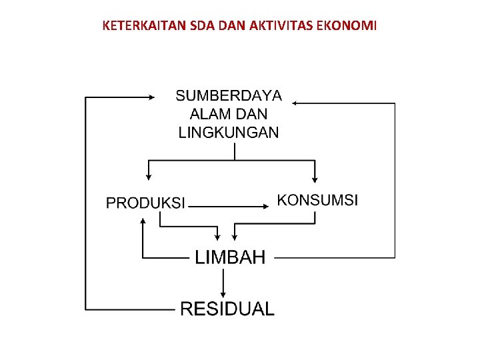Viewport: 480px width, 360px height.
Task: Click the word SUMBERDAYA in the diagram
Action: (x=229, y=96)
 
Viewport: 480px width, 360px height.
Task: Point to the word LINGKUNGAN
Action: (x=229, y=132)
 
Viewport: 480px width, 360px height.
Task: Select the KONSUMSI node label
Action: (x=317, y=199)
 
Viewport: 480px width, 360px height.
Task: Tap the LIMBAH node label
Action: (x=230, y=257)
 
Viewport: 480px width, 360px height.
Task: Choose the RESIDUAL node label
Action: (x=227, y=309)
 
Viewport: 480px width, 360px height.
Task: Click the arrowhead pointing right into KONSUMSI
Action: (x=268, y=206)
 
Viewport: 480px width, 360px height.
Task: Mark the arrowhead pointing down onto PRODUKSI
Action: (x=148, y=177)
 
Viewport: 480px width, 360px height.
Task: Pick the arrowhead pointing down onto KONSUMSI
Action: (x=315, y=178)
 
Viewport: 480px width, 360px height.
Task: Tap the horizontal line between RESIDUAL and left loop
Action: (x=130, y=309)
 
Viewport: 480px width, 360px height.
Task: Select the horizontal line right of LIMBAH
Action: (x=333, y=257)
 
